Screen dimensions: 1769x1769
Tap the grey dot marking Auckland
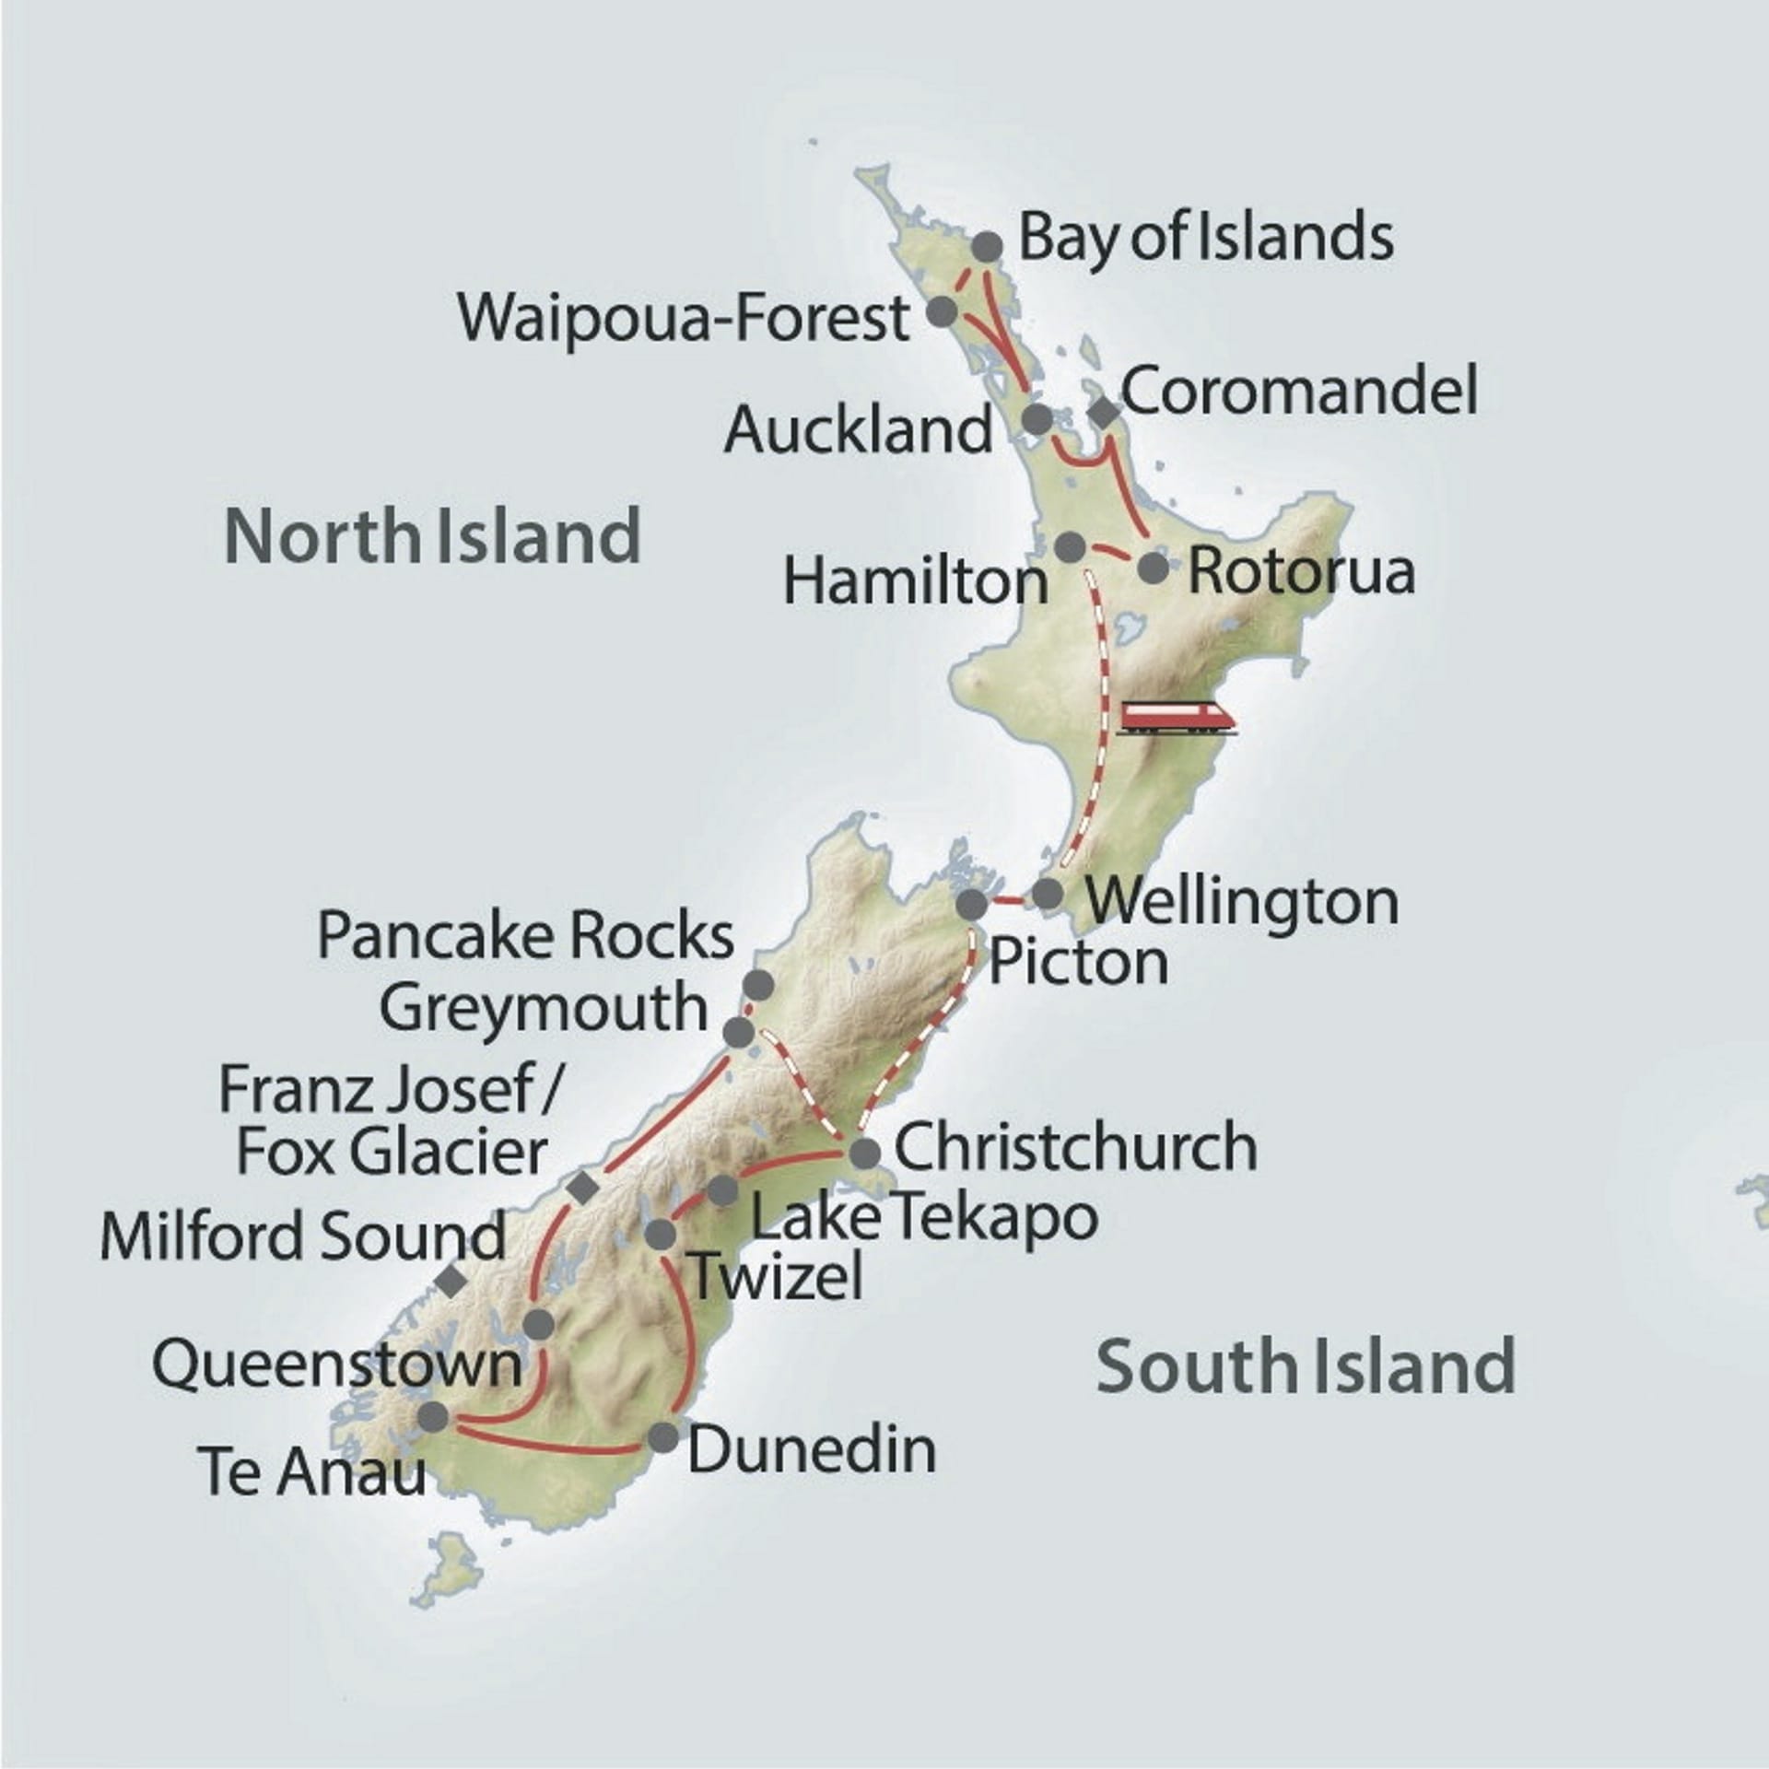(x=1038, y=419)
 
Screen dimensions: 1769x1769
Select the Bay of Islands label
(x=1205, y=239)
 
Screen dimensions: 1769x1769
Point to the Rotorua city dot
(x=1153, y=568)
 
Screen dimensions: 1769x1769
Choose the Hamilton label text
(x=916, y=582)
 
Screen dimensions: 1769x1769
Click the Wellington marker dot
(x=1047, y=894)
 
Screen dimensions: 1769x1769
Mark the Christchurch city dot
(x=864, y=1154)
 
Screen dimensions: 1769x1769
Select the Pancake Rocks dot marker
(x=758, y=985)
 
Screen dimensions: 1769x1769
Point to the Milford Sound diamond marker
(x=451, y=1280)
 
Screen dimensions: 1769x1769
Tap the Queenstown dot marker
(x=538, y=1325)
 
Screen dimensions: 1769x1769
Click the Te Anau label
(x=313, y=1472)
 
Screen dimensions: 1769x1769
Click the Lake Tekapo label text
(x=924, y=1217)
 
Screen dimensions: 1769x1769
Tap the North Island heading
(x=433, y=536)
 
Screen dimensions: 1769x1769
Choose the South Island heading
(x=1306, y=1365)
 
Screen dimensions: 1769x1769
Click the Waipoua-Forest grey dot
(x=942, y=311)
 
